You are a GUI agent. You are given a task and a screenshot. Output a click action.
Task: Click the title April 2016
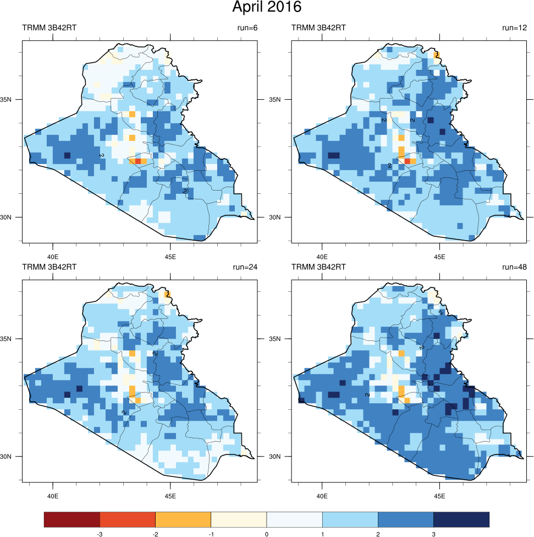267,8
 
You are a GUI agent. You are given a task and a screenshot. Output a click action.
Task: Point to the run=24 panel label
243,267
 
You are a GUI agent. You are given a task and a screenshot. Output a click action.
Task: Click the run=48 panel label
514,267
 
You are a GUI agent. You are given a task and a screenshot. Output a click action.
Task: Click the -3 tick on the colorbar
100,534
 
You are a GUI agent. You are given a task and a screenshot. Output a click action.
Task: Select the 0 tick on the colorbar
267,534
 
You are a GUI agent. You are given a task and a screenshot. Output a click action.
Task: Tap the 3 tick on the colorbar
434,534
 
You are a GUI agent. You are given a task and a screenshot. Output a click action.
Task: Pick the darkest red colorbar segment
72,519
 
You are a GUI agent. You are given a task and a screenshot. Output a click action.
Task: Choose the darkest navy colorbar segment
461,519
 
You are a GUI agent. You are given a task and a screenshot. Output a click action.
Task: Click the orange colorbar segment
183,519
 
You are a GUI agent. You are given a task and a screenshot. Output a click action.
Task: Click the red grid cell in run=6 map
138,161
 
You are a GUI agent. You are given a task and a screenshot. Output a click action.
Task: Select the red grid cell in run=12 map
408,161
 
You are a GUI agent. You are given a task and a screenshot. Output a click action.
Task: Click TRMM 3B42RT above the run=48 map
318,267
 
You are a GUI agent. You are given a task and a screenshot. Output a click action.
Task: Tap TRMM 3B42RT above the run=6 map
49,28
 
